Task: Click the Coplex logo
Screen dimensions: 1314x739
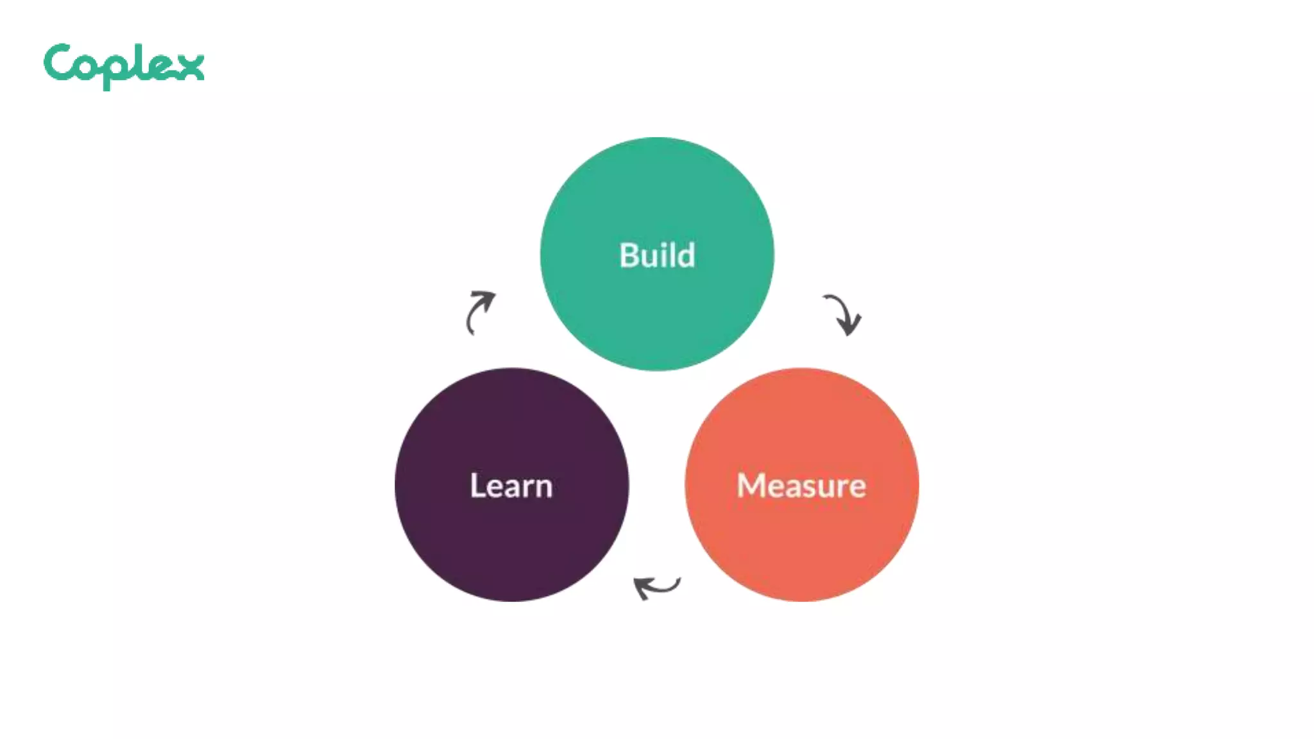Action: (x=124, y=65)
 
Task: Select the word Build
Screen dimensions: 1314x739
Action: (x=657, y=255)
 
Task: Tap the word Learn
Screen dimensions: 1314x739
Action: (x=511, y=486)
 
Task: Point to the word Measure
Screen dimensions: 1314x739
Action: (x=801, y=486)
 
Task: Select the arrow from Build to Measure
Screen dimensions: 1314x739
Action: (x=842, y=314)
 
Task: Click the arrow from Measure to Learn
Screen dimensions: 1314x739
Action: (x=656, y=586)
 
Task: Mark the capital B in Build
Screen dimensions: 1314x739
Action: (x=629, y=255)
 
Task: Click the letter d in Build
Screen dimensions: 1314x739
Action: (x=686, y=255)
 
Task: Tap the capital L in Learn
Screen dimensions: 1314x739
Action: (x=477, y=486)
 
